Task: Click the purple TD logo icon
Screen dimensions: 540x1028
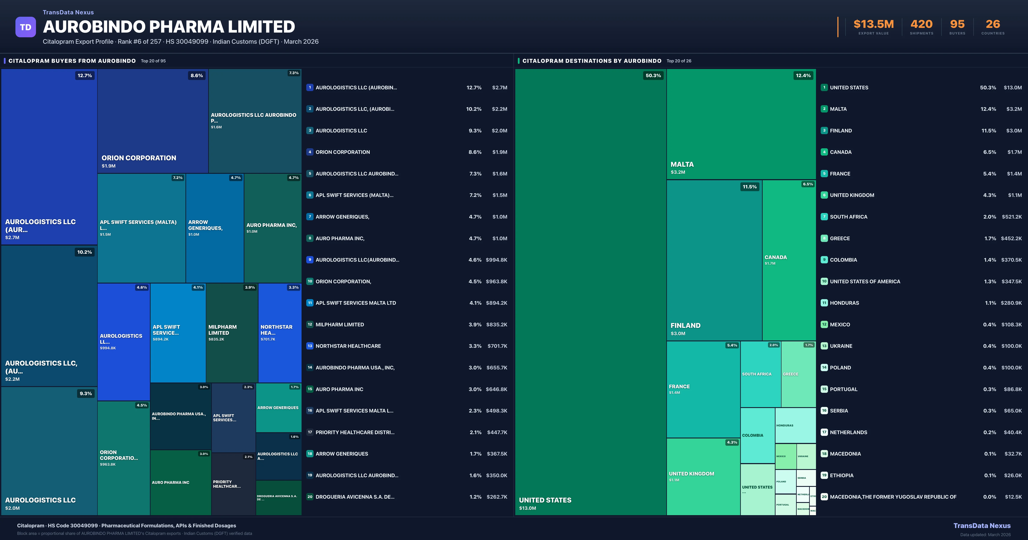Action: tap(25, 27)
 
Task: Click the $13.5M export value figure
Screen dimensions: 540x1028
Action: tap(874, 24)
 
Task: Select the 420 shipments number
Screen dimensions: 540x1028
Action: tap(921, 24)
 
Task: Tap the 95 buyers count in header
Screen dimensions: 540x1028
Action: tap(957, 24)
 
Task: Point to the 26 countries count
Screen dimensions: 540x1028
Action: tap(993, 24)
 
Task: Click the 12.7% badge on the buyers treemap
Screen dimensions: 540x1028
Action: tap(85, 75)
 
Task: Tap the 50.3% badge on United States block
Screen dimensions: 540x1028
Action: tap(653, 75)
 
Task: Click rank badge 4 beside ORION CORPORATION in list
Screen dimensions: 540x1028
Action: tap(310, 152)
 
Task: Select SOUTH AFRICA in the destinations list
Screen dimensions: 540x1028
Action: tap(848, 217)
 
